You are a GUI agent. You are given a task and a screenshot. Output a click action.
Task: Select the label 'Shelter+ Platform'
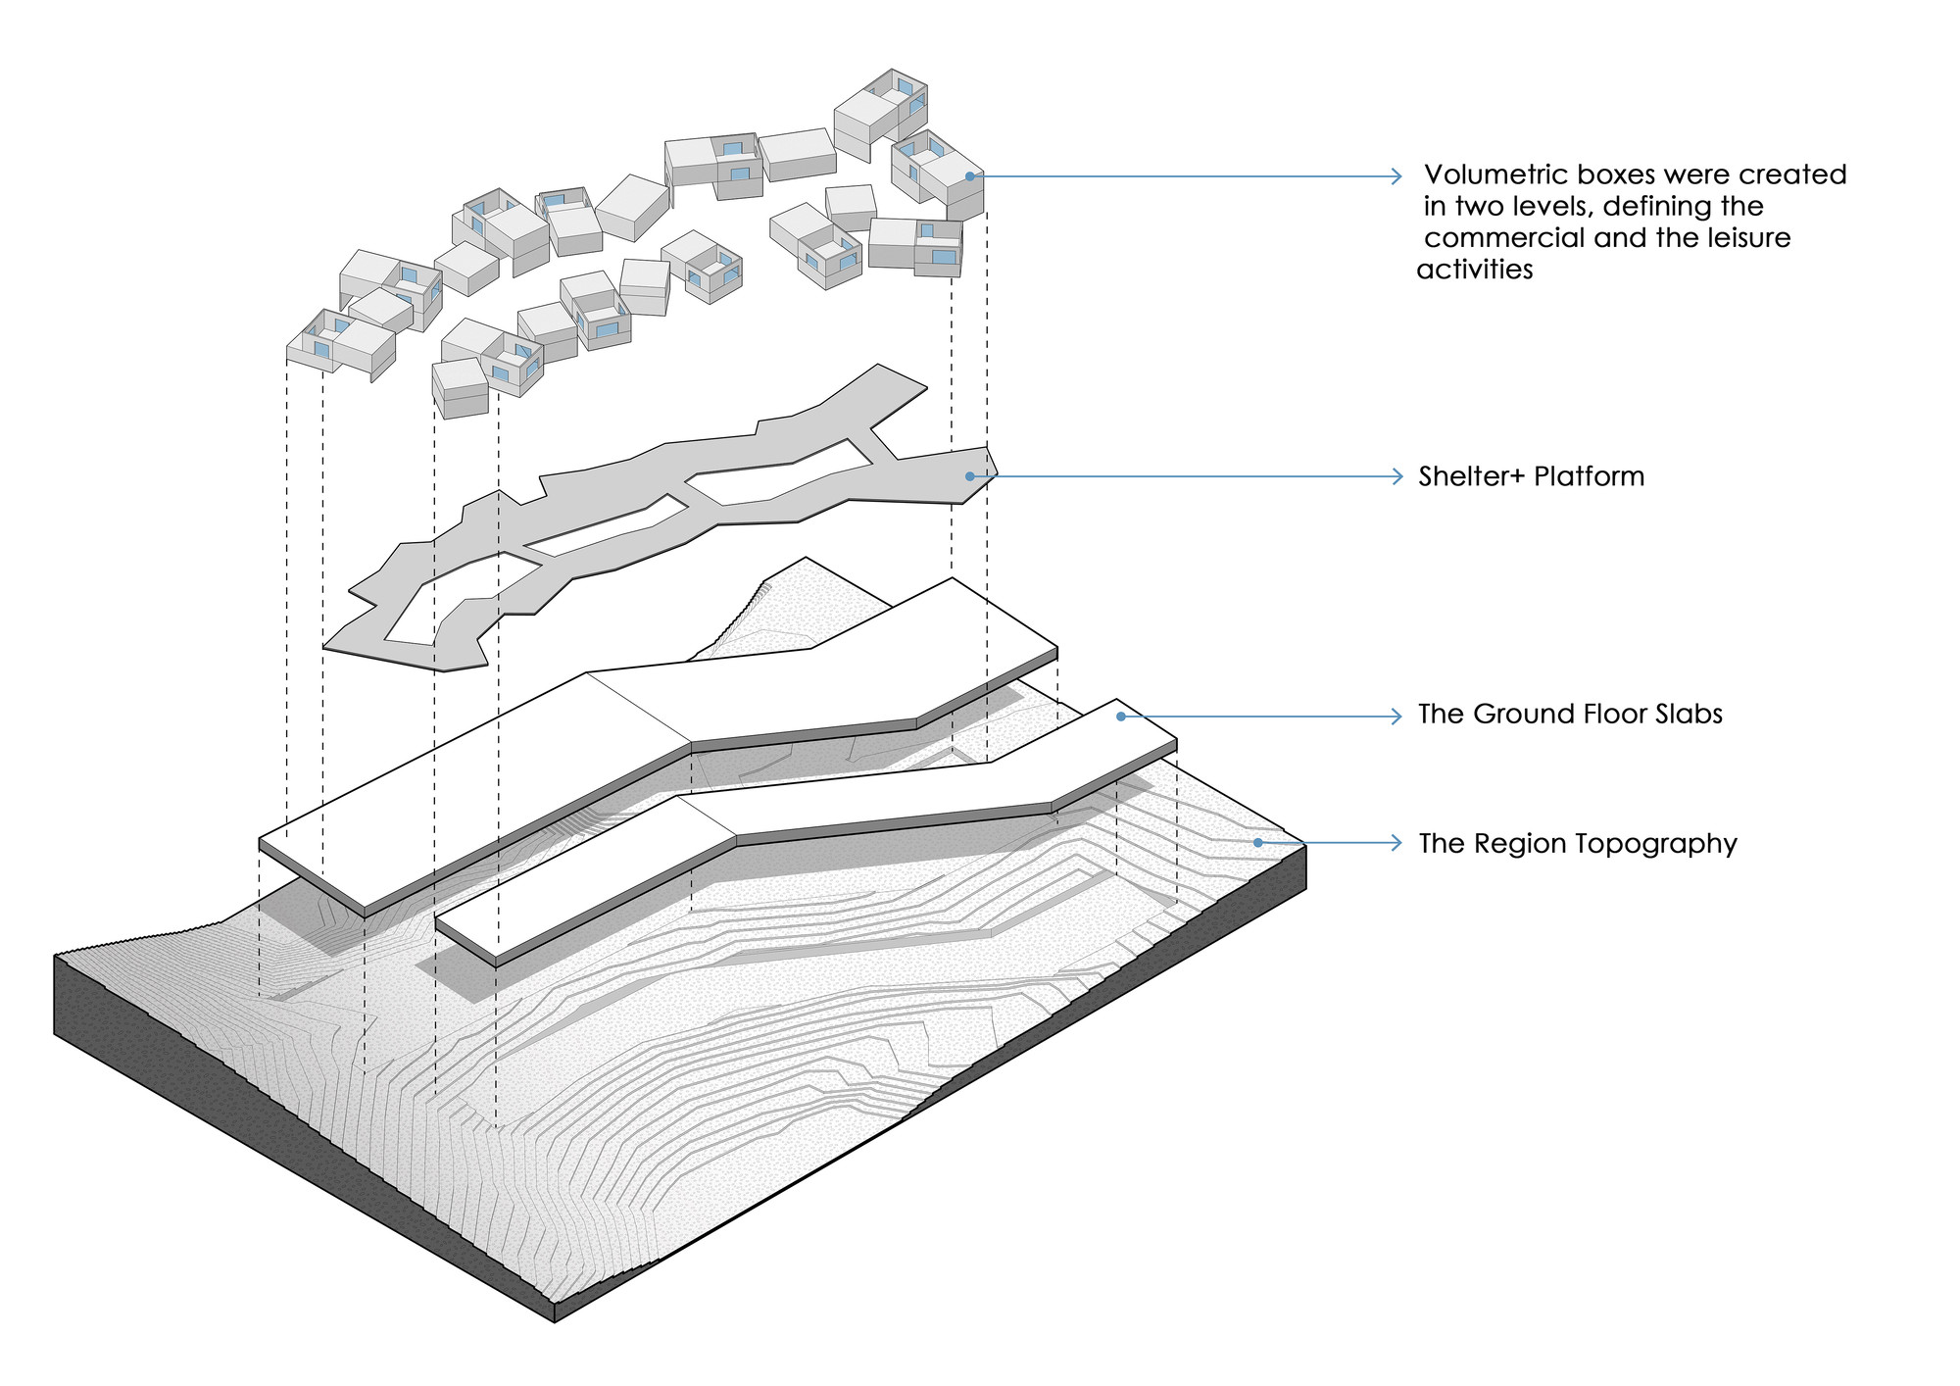coord(1531,477)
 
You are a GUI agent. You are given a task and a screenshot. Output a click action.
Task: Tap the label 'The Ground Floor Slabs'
coord(1570,715)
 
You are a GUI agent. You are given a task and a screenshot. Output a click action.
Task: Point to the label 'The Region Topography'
coord(1578,844)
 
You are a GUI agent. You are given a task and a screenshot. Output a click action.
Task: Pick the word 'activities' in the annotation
coord(1475,270)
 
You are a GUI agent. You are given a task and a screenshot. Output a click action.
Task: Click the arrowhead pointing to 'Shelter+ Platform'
coord(1397,477)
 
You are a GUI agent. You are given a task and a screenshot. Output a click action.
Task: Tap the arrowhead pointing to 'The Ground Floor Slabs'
coord(1397,717)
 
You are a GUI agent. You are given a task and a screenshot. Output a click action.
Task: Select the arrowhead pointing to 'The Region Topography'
coord(1397,842)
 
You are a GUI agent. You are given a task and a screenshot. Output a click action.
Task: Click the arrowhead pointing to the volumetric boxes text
coord(1397,176)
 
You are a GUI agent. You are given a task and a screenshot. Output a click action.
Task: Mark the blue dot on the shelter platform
coord(970,476)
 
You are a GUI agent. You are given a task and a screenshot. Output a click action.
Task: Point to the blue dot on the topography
coord(1258,842)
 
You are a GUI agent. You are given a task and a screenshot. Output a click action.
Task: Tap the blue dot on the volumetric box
coord(969,176)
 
